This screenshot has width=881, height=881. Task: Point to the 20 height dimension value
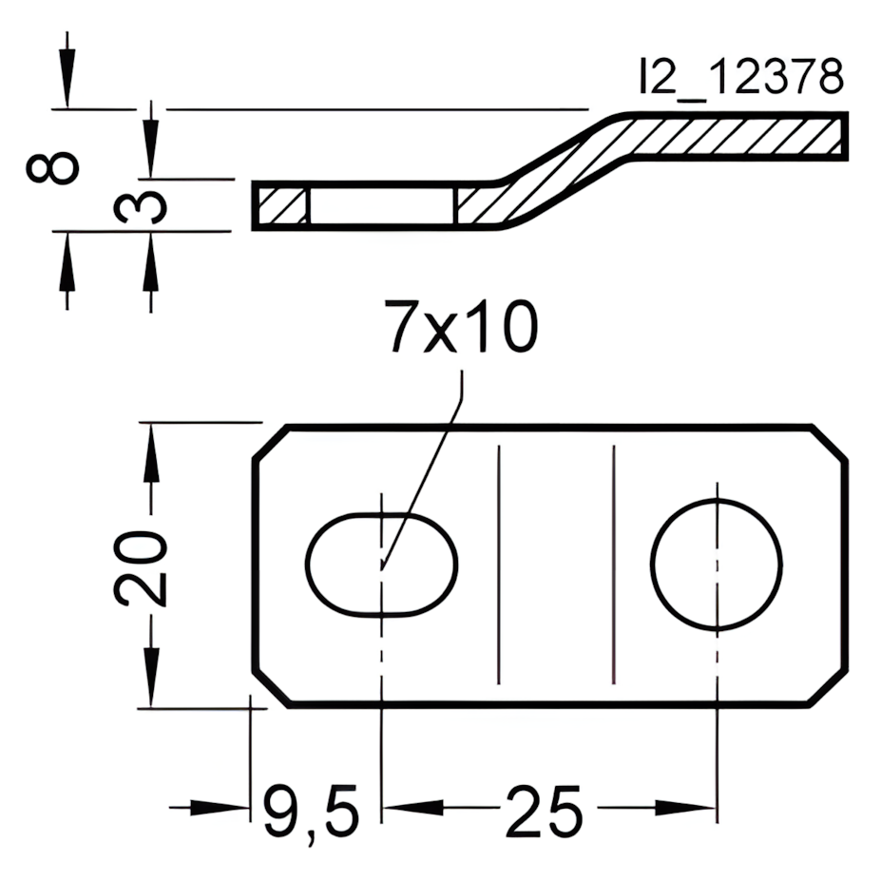click(x=142, y=567)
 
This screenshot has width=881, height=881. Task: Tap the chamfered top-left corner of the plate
click(x=271, y=443)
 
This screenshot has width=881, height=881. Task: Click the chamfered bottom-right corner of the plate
click(x=827, y=686)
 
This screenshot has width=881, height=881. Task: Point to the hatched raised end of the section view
click(x=741, y=134)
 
